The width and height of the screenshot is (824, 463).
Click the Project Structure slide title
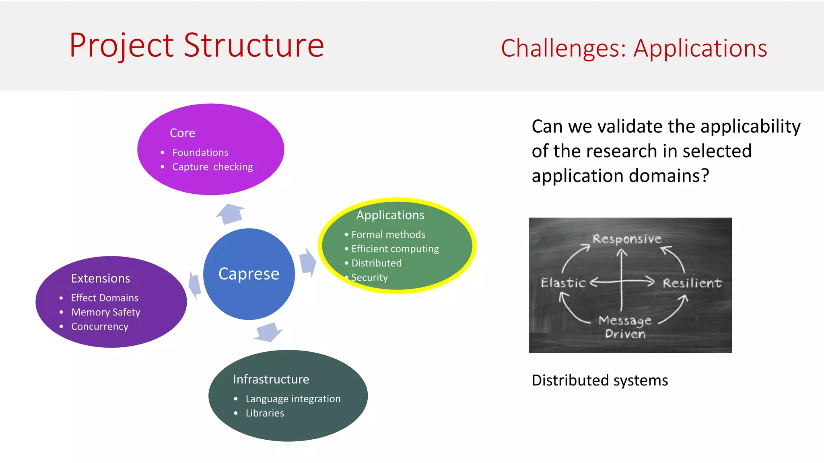[x=196, y=45]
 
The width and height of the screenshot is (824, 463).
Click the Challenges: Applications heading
[x=634, y=49]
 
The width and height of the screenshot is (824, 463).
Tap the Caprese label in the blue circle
[x=249, y=274]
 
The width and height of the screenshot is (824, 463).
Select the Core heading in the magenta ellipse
[x=182, y=133]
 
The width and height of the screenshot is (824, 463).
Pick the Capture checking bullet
[x=212, y=167]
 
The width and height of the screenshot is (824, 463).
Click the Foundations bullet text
[x=200, y=153]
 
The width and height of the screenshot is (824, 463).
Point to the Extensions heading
[x=101, y=279]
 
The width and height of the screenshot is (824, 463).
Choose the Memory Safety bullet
[x=105, y=312]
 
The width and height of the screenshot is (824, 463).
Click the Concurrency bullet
[x=99, y=327]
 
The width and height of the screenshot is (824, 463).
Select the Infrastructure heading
[x=271, y=379]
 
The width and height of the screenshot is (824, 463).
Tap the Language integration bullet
[x=293, y=399]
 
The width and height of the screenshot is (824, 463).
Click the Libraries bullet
[x=265, y=414]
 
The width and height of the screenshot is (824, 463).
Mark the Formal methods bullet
[x=388, y=235]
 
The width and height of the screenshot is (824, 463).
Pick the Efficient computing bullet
[x=395, y=249]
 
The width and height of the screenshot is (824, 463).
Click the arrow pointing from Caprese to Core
[x=231, y=213]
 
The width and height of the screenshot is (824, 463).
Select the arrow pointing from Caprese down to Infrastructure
[x=269, y=332]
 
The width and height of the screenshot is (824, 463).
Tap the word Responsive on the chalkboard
[x=627, y=239]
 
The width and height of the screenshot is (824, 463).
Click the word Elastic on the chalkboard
[x=563, y=283]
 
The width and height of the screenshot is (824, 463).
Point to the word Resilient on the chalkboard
[x=692, y=283]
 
